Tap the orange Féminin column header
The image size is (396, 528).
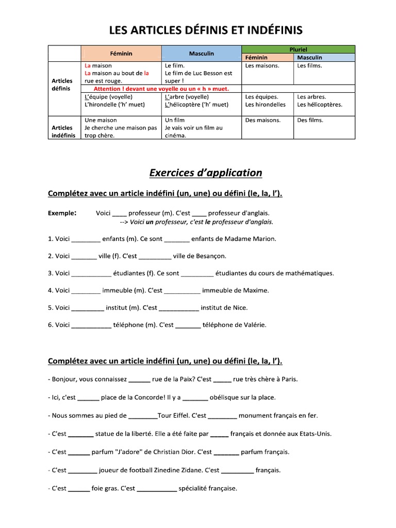(x=121, y=54)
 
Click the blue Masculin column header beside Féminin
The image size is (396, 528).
(x=201, y=54)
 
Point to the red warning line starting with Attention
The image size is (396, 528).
(x=161, y=89)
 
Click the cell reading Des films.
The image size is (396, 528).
(x=310, y=120)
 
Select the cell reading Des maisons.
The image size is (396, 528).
(x=263, y=120)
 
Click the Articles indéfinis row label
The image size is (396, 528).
(x=64, y=131)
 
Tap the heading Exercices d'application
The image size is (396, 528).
(x=205, y=173)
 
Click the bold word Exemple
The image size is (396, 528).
(x=62, y=212)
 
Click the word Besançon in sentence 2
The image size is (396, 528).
(x=209, y=256)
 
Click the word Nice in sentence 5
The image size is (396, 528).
(x=240, y=308)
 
